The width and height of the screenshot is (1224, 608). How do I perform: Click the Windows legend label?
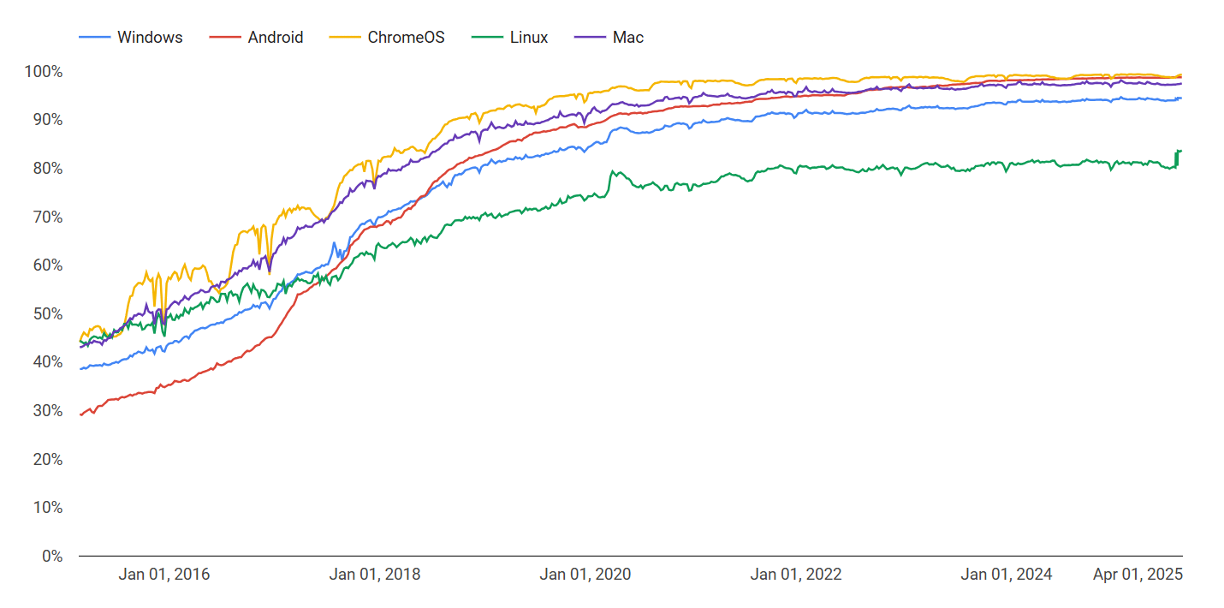point(150,37)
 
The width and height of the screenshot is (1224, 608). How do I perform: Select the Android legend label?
point(276,37)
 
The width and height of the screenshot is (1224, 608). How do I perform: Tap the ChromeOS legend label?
point(406,37)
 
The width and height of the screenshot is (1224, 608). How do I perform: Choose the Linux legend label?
point(529,37)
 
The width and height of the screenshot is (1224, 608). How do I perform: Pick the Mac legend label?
point(628,37)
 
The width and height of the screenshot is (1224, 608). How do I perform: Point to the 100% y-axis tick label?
point(44,72)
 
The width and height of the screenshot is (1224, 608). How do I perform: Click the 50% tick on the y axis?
point(48,313)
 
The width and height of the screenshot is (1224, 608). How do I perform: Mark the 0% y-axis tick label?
point(52,556)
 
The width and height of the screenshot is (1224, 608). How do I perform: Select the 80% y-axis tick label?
point(48,169)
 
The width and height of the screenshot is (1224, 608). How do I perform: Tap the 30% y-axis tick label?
point(48,411)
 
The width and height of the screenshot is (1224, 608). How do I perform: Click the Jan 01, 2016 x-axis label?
point(164,574)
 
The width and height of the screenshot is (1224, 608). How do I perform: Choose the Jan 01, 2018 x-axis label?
point(375,574)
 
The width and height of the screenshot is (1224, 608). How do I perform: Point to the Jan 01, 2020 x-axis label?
point(585,574)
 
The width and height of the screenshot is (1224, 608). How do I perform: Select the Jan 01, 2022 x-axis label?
point(796,574)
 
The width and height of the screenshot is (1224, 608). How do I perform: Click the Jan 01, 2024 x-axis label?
point(1007,574)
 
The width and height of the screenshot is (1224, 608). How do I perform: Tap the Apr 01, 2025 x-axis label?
point(1138,574)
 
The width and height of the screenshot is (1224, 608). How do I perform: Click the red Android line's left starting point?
point(80,415)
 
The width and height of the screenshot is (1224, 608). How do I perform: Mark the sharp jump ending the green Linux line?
point(1176,158)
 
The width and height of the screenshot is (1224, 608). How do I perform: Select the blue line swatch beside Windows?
point(94,37)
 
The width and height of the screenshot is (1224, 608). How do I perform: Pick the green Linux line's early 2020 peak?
point(613,171)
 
